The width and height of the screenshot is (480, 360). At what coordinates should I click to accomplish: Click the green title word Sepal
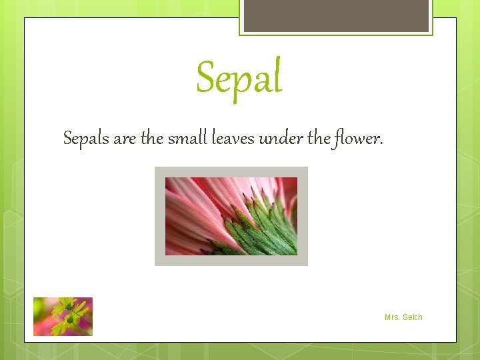pyautogui.click(x=239, y=77)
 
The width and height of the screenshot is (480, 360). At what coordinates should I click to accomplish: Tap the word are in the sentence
pyautogui.click(x=124, y=138)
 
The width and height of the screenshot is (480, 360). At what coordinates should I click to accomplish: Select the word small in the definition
pyautogui.click(x=188, y=138)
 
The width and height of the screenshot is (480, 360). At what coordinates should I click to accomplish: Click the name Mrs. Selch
pyautogui.click(x=403, y=317)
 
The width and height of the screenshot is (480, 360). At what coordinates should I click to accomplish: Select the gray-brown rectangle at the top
pyautogui.click(x=336, y=15)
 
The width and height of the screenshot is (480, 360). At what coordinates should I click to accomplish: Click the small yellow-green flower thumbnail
pyautogui.click(x=63, y=317)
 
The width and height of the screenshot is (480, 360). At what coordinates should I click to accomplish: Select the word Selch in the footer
pyautogui.click(x=413, y=317)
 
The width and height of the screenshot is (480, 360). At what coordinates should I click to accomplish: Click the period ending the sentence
pyautogui.click(x=381, y=143)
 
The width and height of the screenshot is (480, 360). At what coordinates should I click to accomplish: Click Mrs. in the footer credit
pyautogui.click(x=392, y=317)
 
